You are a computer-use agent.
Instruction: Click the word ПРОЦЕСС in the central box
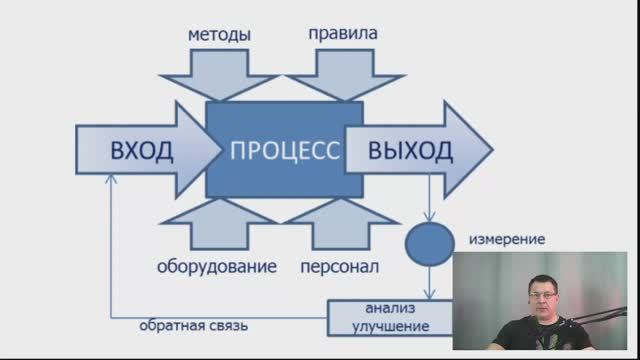pos(285,152)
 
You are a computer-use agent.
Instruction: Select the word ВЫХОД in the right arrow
pos(410,152)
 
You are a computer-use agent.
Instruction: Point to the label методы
pos(219,35)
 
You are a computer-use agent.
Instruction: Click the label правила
pos(344,34)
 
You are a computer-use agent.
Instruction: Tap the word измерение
pos(507,240)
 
